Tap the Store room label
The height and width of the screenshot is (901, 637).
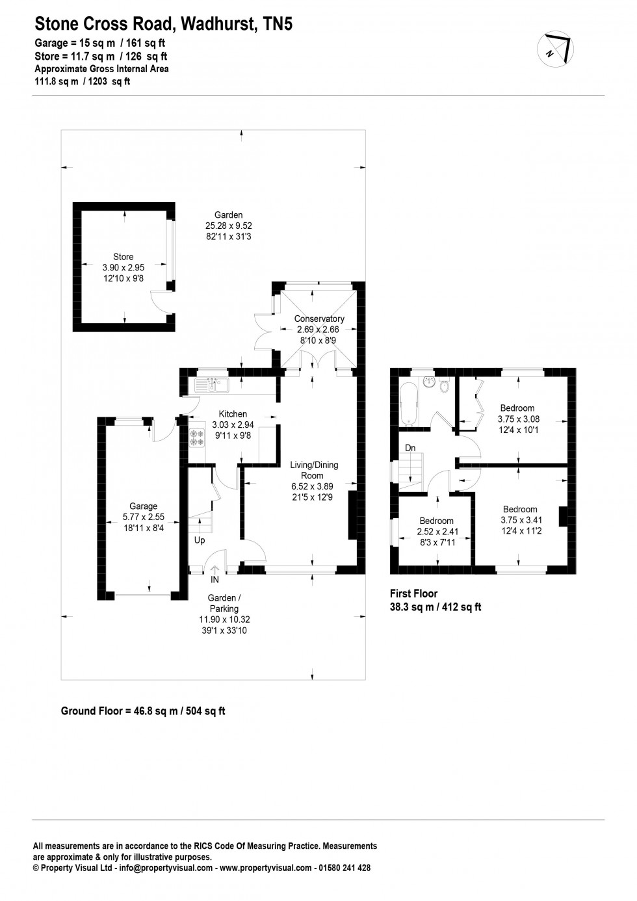123,257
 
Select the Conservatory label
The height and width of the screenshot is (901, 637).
318,319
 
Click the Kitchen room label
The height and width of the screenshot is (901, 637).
233,414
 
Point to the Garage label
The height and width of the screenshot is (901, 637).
143,506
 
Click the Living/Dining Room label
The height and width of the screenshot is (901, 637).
314,470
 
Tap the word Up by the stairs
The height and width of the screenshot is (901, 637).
200,540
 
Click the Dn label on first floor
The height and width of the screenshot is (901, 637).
410,448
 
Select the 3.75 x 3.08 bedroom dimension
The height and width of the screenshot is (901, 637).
518,419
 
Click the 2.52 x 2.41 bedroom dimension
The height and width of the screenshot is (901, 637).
436,531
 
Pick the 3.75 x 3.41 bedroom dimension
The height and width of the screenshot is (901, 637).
521,520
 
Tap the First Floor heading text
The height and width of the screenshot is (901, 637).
413,593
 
